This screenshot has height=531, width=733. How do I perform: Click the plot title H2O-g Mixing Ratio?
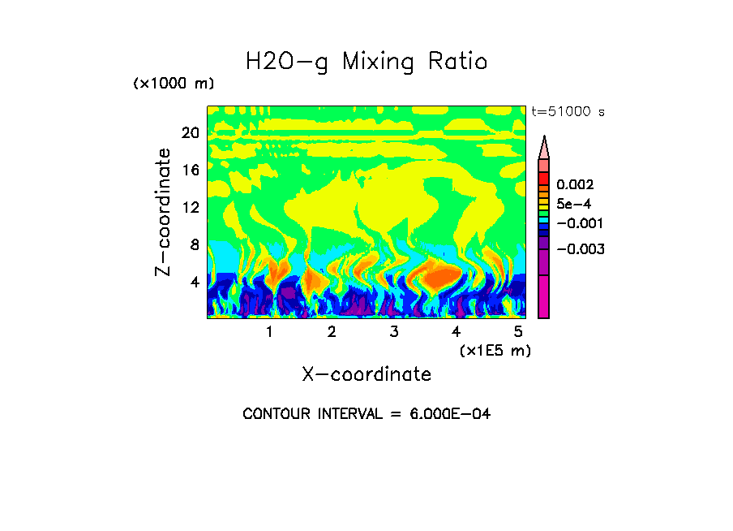[x=366, y=62]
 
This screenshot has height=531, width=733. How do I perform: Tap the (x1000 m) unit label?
[x=174, y=84]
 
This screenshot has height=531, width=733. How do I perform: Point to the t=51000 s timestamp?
[x=568, y=112]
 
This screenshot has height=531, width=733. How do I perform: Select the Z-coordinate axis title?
[x=164, y=212]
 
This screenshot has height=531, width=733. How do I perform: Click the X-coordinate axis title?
[x=366, y=374]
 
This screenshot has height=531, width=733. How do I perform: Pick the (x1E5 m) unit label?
[x=495, y=350]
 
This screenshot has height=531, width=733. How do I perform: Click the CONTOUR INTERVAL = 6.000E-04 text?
[x=366, y=414]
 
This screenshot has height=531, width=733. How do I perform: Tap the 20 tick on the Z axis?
[x=190, y=133]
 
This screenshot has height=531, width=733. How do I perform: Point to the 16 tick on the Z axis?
[x=190, y=171]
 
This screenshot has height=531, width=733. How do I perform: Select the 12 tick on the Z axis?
[x=190, y=207]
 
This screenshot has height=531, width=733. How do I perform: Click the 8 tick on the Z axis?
[x=195, y=244]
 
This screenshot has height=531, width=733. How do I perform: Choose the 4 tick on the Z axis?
[x=195, y=282]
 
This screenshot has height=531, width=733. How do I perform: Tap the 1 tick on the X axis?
[x=269, y=331]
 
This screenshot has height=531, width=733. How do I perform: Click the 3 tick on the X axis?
[x=394, y=331]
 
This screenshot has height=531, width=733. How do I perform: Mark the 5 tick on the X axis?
[x=518, y=331]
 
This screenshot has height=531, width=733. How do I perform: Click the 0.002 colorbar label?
[x=575, y=185]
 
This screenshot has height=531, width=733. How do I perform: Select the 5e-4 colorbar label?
[x=574, y=205]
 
